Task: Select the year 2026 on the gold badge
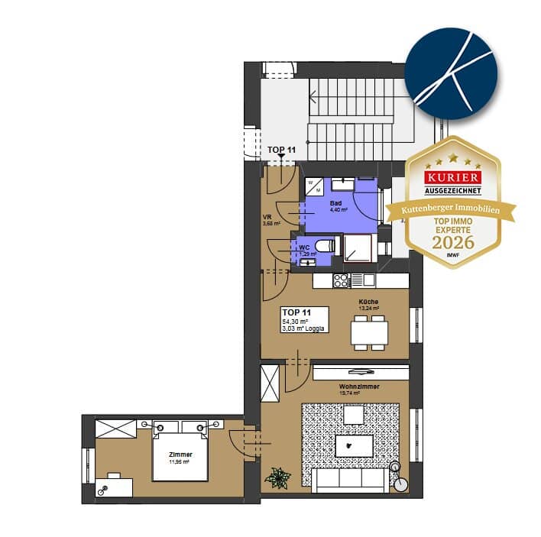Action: click(x=453, y=242)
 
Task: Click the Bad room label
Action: click(x=335, y=204)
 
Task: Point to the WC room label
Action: click(x=303, y=247)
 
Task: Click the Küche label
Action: click(x=368, y=302)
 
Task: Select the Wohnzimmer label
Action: click(x=359, y=387)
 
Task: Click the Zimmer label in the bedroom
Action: click(x=180, y=455)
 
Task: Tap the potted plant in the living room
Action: click(x=277, y=478)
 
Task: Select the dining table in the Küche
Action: click(x=369, y=332)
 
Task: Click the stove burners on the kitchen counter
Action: click(x=341, y=280)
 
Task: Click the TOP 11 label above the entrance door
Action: click(x=281, y=150)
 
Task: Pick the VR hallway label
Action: click(x=267, y=218)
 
